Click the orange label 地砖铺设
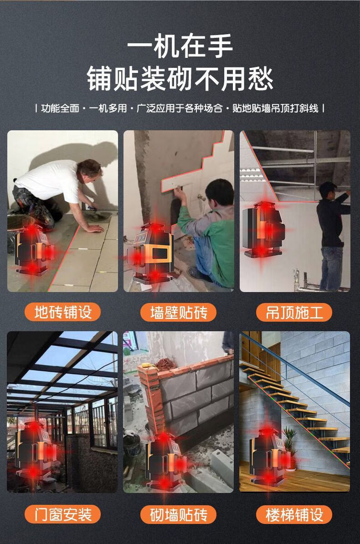point(62,312)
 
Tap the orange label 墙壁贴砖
point(179,312)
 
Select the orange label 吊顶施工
point(294,312)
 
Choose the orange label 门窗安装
point(62,514)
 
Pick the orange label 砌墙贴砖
point(179,514)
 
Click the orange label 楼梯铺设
point(294,514)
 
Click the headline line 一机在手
point(180,46)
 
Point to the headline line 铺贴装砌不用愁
point(180,78)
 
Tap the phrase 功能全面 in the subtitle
point(60,108)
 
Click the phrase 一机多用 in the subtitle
point(108,108)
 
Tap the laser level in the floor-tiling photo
point(34,250)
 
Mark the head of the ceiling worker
point(328,190)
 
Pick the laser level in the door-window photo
point(35,451)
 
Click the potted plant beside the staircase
point(289,447)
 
